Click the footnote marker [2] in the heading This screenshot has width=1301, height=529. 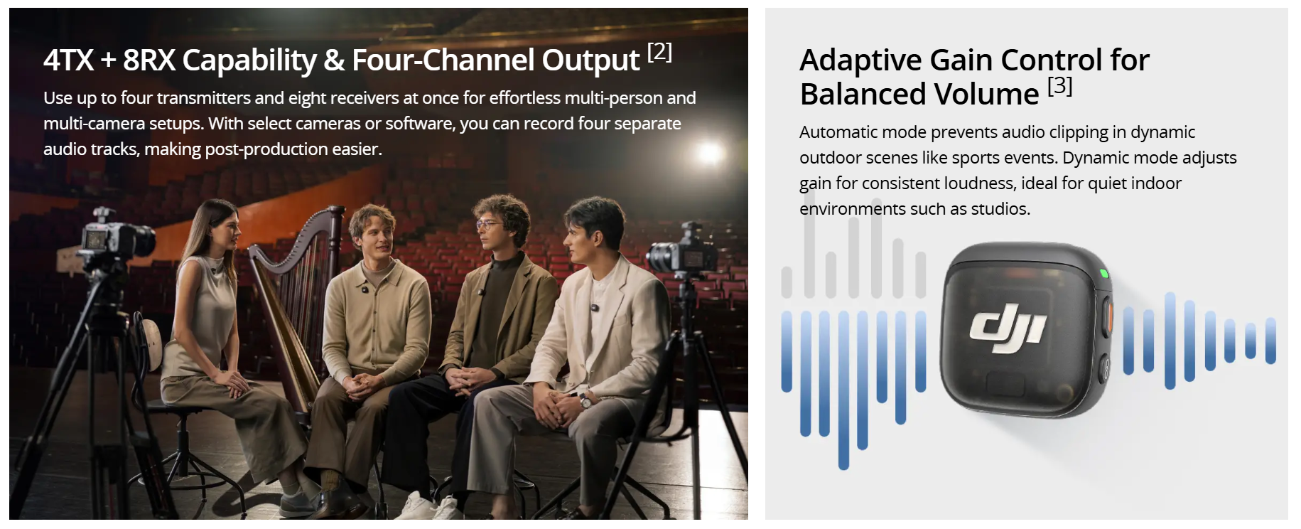tap(659, 52)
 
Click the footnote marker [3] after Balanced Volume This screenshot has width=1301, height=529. tap(1060, 86)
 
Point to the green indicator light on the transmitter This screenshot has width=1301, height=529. tap(1103, 273)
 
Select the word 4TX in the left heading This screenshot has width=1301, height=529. tap(68, 60)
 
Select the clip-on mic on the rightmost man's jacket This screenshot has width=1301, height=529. tap(595, 309)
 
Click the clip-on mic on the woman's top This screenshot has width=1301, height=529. tap(212, 270)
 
